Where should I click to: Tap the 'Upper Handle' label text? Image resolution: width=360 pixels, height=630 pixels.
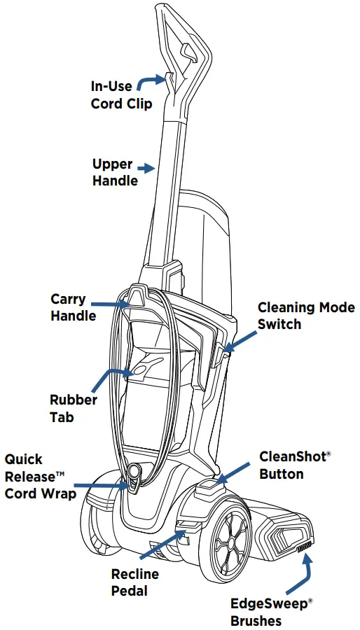115,172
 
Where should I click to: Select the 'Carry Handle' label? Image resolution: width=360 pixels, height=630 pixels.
74,307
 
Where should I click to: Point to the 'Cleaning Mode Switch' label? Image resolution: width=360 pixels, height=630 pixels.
306,316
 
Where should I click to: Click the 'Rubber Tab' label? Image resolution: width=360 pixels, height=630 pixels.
73,408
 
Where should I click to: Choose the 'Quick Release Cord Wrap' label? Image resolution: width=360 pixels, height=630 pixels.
40,476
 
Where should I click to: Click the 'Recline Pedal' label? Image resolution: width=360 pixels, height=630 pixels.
135,582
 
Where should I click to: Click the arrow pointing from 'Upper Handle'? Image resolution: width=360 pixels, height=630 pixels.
146,168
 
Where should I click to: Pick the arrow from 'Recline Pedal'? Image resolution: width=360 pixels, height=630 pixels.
162,544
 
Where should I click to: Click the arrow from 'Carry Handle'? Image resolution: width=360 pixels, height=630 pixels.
110,304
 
